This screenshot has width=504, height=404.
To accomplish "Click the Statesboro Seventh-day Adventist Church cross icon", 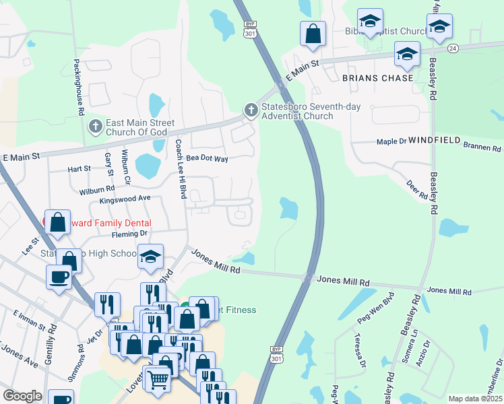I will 251,110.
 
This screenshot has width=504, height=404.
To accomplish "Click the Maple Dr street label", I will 391,142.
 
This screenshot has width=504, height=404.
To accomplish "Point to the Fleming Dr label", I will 129,234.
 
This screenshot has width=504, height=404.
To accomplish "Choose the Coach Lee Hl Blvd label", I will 180,168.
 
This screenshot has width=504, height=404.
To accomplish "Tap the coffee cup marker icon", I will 59,276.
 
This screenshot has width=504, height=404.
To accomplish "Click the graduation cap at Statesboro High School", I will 151,257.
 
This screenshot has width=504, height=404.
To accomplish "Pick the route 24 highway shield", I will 452,48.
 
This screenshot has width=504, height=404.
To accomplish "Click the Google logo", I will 23,396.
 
